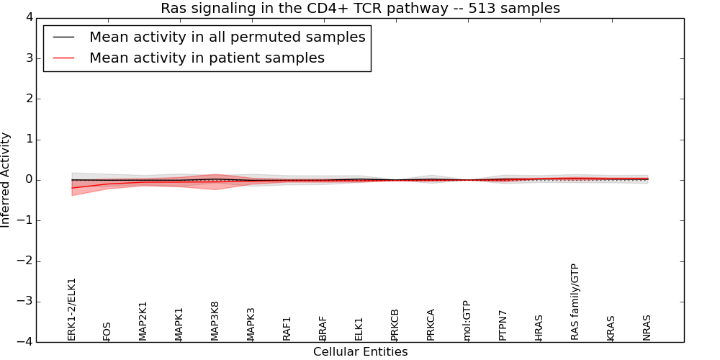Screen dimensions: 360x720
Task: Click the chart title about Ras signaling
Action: [360, 9]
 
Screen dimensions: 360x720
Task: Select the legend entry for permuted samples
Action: [227, 37]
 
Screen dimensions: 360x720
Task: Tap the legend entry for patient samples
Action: [207, 58]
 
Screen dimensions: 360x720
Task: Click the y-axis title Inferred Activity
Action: [6, 180]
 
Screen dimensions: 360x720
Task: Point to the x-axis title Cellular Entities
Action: [360, 352]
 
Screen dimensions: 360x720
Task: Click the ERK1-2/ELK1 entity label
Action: [71, 309]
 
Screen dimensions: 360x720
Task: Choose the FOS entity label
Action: [107, 331]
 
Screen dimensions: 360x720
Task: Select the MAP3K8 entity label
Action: [215, 321]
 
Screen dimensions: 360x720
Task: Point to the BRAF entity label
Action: [323, 328]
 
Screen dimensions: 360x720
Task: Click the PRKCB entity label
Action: [395, 325]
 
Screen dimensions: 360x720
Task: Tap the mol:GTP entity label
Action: [467, 320]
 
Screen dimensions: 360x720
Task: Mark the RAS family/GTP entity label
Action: [575, 302]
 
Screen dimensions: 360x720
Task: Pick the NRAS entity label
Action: [647, 328]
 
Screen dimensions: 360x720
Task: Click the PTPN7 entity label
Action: [503, 325]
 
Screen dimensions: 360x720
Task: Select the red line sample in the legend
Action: [64, 58]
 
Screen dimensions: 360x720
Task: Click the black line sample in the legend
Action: [64, 37]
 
